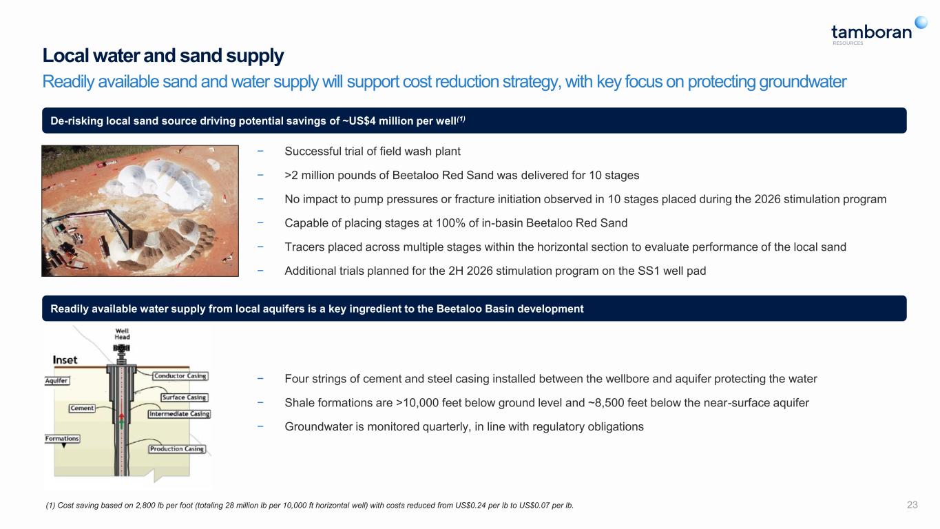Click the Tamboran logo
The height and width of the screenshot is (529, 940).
point(879,31)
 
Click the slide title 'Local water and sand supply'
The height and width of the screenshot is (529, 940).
point(163,55)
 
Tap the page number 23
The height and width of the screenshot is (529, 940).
point(912,505)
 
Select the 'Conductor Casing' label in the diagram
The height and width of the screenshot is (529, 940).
point(180,376)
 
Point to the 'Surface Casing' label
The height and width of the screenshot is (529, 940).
point(185,397)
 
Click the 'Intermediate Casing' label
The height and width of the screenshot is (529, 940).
point(179,414)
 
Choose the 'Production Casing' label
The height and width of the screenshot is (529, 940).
point(177,449)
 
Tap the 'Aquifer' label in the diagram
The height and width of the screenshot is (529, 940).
point(56,381)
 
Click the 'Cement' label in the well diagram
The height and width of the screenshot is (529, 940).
point(82,408)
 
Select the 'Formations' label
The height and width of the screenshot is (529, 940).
point(62,439)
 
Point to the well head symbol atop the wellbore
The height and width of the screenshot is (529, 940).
point(122,349)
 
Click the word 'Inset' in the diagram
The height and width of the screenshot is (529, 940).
point(65,360)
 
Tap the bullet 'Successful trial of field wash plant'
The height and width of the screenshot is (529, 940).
point(373,151)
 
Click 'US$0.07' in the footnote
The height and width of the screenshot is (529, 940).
point(534,506)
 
